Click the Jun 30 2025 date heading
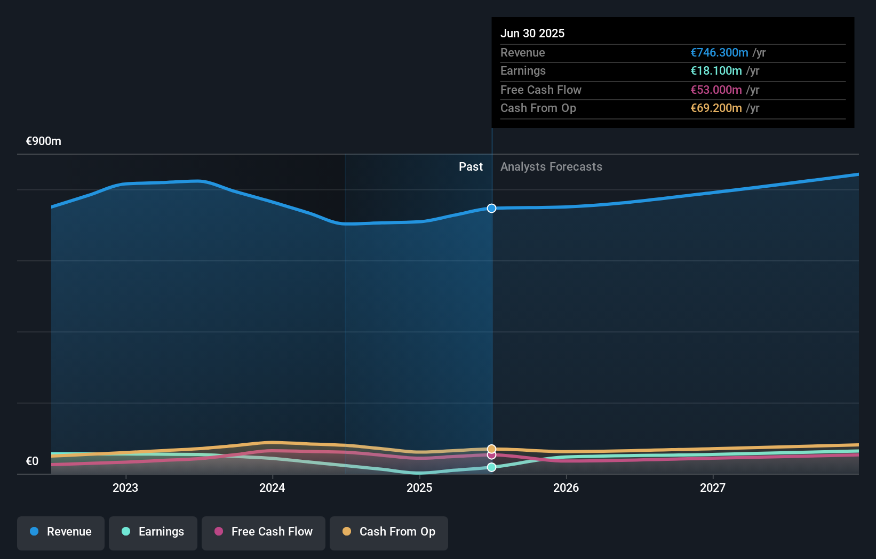point(532,33)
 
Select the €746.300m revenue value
point(719,52)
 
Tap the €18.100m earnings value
point(715,70)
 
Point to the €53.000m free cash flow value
point(715,90)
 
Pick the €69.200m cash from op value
point(715,108)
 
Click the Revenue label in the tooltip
point(522,52)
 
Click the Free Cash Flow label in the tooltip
point(540,90)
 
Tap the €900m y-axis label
point(43,141)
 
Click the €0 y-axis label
point(32,461)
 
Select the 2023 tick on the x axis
point(125,488)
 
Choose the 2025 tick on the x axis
point(419,488)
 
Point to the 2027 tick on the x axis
point(713,488)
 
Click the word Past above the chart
point(471,166)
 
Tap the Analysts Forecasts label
point(551,166)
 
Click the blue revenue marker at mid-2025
point(491,208)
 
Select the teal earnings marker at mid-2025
point(491,467)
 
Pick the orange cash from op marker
point(491,449)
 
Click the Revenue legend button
point(61,532)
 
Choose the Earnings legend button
point(153,532)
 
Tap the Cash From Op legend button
point(389,532)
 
